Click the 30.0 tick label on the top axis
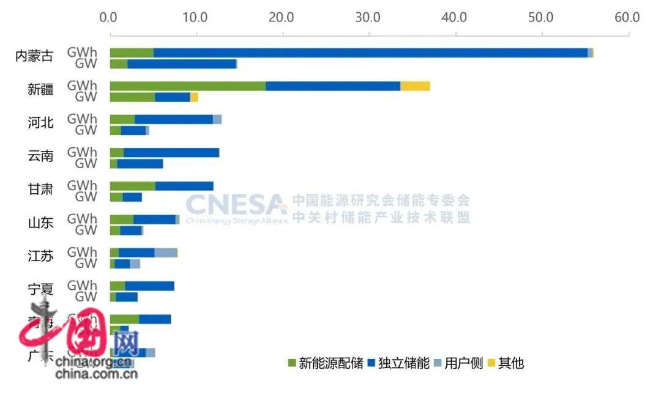tap(369, 17)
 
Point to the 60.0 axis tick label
tap(628, 17)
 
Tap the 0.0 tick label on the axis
tap(110, 17)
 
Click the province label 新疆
tap(40, 90)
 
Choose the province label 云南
tap(40, 157)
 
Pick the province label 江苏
tap(40, 256)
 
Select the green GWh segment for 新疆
tap(187, 86)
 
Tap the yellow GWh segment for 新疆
tap(415, 86)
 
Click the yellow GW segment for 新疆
tap(194, 97)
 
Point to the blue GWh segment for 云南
tap(171, 153)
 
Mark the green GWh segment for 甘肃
tap(132, 186)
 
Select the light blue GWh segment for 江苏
tap(165, 252)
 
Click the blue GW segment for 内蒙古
tap(182, 64)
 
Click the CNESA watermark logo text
tap(236, 204)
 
